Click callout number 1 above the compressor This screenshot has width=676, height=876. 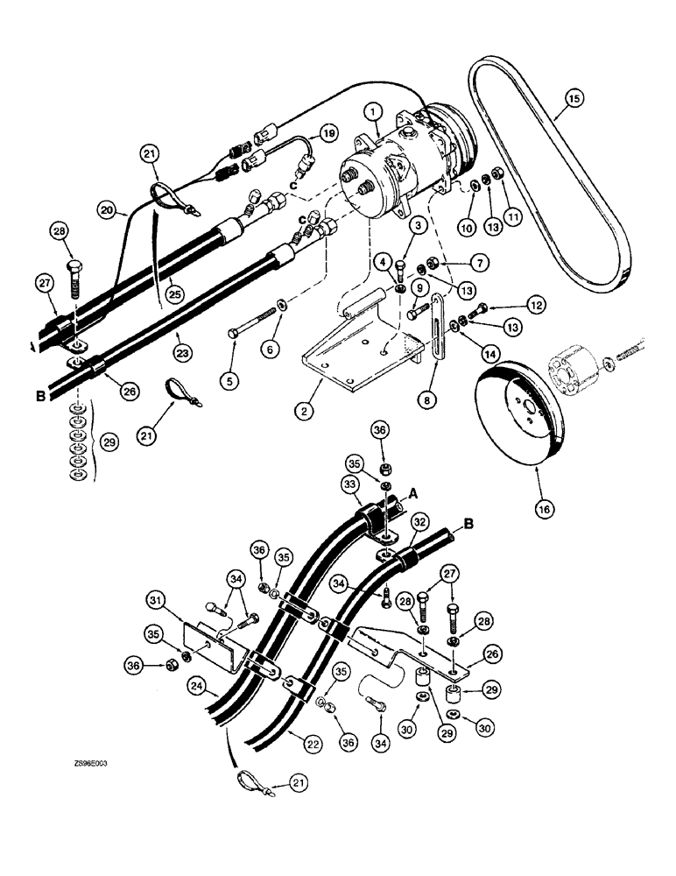coord(373,112)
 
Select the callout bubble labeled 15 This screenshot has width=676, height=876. coord(574,99)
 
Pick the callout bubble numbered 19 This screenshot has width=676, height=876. coord(328,133)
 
